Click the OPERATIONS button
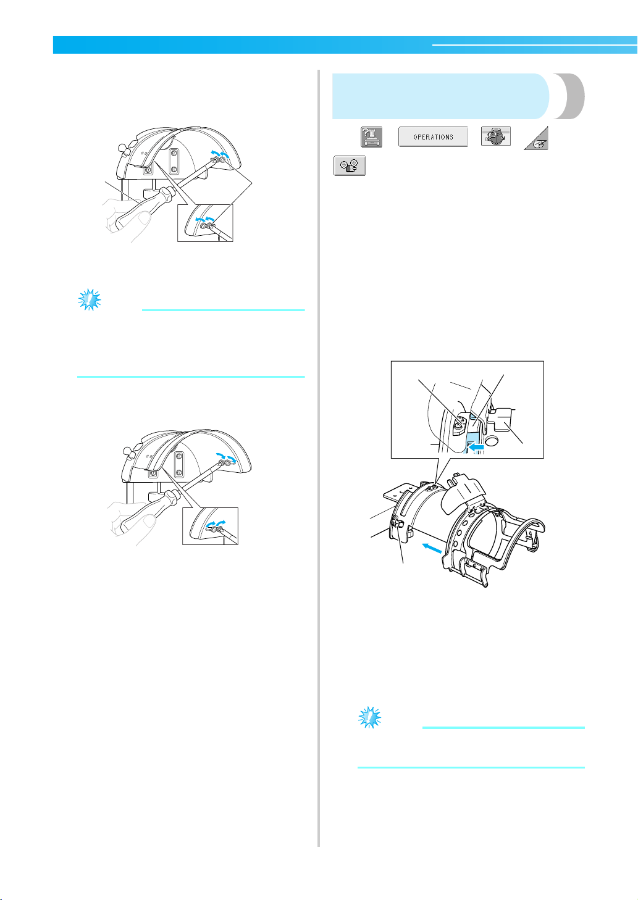pos(433,136)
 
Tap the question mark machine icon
pos(371,136)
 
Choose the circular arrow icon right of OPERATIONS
pos(496,136)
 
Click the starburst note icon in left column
pos(90,299)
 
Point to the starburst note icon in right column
pos(369,717)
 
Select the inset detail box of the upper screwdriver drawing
pos(205,223)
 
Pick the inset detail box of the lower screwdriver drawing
pos(210,526)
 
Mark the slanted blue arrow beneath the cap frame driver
pos(432,548)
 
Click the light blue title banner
pos(440,96)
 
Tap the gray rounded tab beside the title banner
pos(570,96)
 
